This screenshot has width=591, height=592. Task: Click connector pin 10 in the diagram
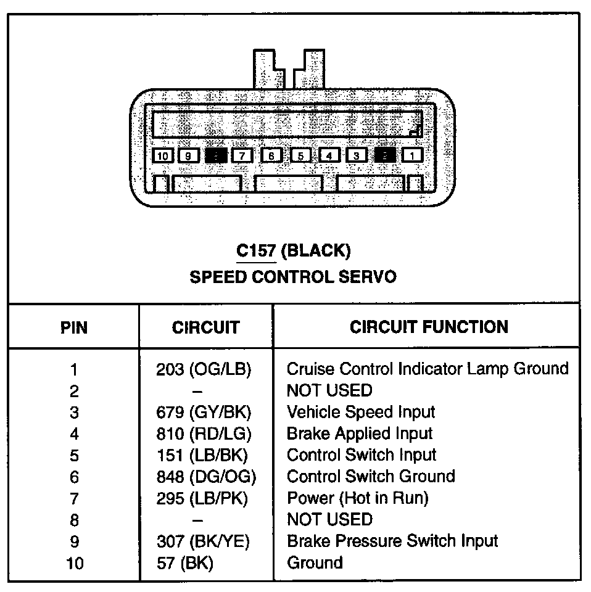[x=162, y=155]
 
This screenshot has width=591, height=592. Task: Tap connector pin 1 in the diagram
[x=412, y=155]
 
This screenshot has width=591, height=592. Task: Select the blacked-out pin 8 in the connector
[x=216, y=155]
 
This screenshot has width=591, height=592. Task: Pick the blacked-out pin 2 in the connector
[x=385, y=155]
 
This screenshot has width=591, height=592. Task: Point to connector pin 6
[x=271, y=155]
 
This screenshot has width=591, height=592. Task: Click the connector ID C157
[x=256, y=250]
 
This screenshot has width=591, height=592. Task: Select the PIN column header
[x=74, y=327]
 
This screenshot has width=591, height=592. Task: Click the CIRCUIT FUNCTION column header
[x=429, y=326]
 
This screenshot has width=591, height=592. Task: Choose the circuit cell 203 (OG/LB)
[x=204, y=369]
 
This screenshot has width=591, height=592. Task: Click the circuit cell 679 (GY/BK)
[x=204, y=412]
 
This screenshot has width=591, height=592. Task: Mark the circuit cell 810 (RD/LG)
[x=204, y=434]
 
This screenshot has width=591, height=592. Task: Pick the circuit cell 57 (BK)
[x=185, y=562]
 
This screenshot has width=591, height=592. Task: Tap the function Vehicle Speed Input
[x=361, y=412]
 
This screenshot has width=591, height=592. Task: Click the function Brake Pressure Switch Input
[x=392, y=541]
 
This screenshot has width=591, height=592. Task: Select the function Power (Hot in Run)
[x=357, y=498]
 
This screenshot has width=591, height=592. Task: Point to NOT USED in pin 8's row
[x=329, y=519]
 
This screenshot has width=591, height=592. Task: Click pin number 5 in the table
[x=74, y=455]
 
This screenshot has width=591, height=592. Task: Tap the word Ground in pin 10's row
[x=315, y=562]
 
